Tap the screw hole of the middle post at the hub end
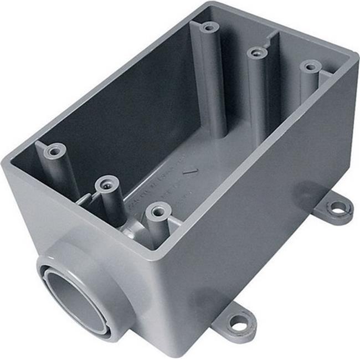pyautogui.click(x=106, y=183)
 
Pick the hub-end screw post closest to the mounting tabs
pyautogui.click(x=158, y=211)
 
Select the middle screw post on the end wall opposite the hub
pyautogui.click(x=256, y=53)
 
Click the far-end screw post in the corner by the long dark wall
pyautogui.click(x=209, y=27)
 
